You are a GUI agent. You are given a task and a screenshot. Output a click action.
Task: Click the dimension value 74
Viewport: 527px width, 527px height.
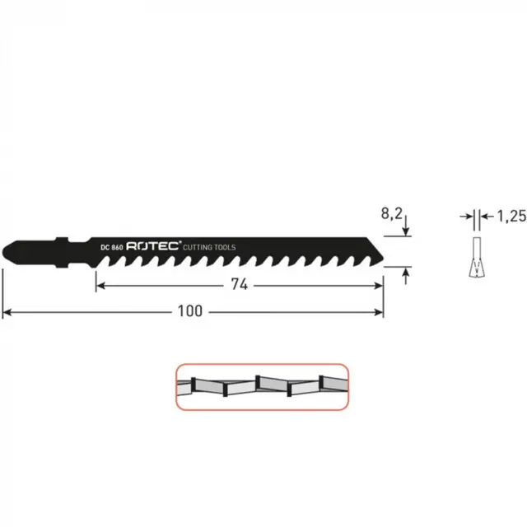pos(240,285)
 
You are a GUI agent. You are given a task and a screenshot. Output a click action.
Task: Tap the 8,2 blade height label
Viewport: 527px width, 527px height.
pos(391,213)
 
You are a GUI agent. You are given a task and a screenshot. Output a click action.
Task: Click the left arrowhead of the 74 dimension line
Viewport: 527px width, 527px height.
pos(100,285)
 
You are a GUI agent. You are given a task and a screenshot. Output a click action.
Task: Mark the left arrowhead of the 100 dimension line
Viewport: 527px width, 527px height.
pos(7,312)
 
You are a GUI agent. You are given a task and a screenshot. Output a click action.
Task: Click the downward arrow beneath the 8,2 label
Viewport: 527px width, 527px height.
pos(405,230)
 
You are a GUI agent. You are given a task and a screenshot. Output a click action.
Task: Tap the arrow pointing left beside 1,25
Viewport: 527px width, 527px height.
pos(485,217)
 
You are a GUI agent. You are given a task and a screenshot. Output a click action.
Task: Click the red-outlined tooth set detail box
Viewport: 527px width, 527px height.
pos(261,386)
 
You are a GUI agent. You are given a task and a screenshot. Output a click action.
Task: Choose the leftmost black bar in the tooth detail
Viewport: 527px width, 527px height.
pos(193,385)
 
